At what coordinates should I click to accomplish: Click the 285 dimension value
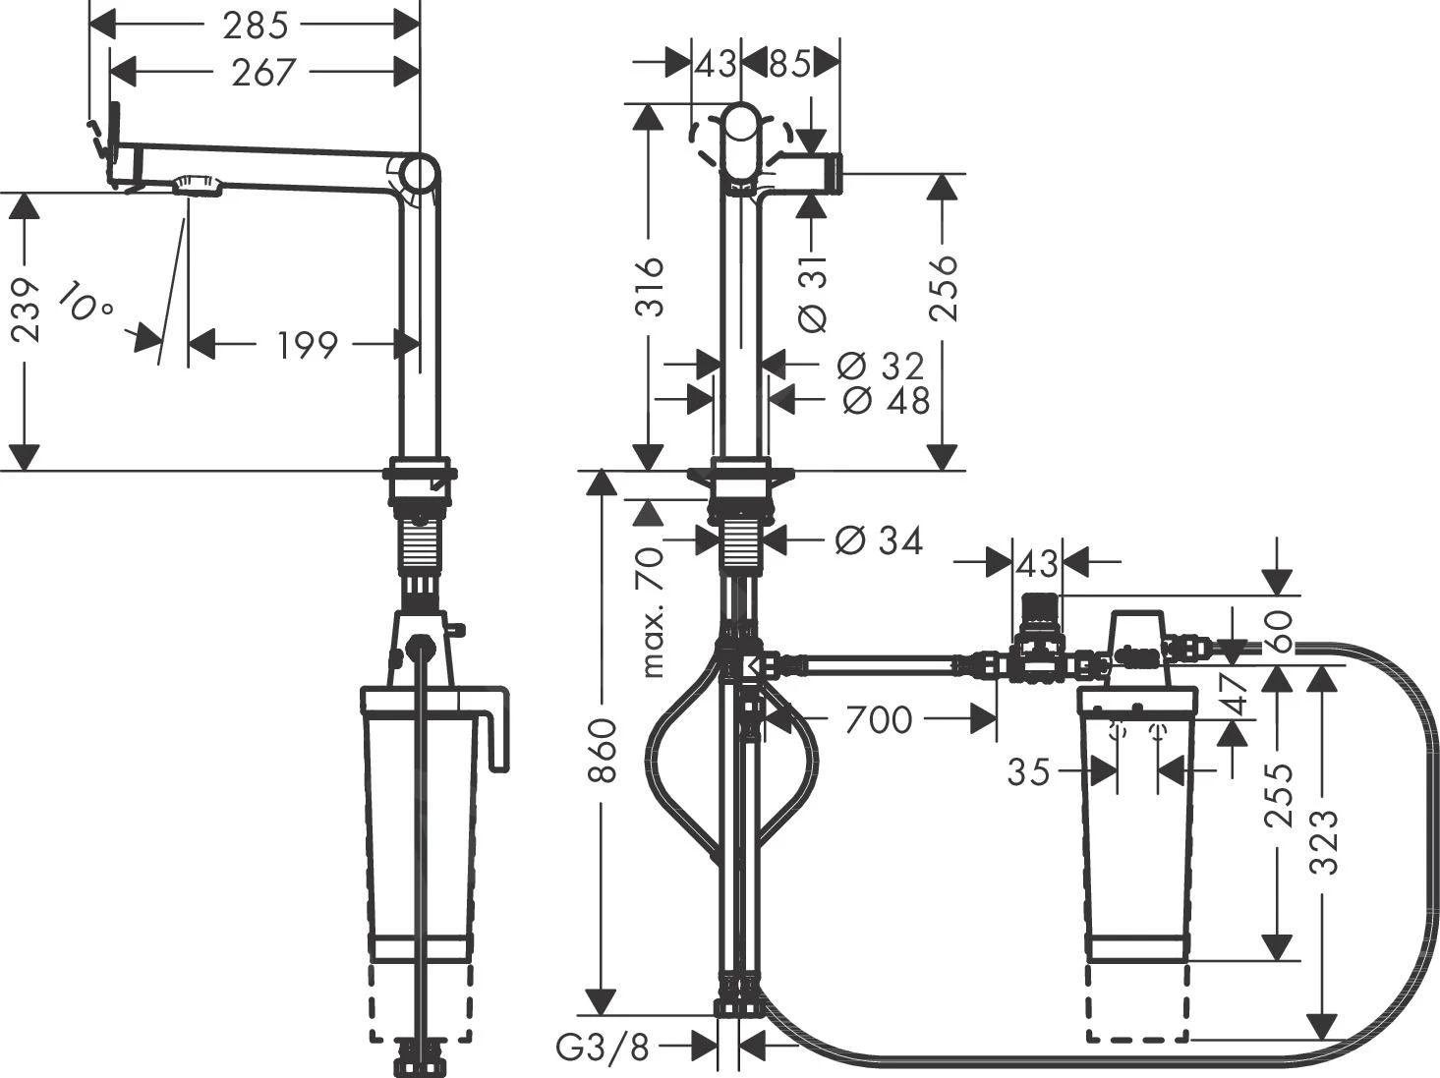click(x=256, y=26)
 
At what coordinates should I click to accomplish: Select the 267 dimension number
click(x=263, y=72)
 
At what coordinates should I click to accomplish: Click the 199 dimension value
click(x=306, y=345)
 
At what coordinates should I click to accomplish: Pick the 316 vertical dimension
click(x=649, y=286)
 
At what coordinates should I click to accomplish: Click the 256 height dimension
click(x=944, y=287)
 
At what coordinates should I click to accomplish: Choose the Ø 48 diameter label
click(x=885, y=400)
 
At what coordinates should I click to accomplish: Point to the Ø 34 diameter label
click(x=879, y=540)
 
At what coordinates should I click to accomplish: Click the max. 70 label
click(x=653, y=613)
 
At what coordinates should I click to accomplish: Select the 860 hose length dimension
click(x=602, y=750)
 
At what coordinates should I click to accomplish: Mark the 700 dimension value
click(x=878, y=720)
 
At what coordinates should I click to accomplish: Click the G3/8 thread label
click(x=604, y=1049)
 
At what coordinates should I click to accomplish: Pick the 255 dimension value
click(x=1279, y=794)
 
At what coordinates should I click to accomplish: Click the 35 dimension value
click(x=1029, y=772)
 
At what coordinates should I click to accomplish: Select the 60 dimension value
click(x=1279, y=631)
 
